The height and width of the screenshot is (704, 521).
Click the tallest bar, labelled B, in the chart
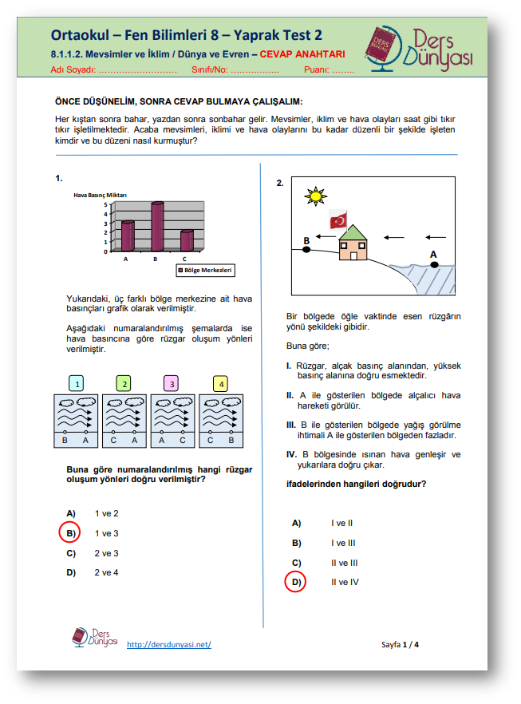(156, 228)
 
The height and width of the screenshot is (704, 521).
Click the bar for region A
(127, 237)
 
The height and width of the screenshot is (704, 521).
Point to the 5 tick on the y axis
(105, 204)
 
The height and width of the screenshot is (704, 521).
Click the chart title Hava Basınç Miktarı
(101, 195)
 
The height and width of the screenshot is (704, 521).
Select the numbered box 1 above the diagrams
(77, 384)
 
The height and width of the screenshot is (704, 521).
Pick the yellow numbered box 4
(219, 384)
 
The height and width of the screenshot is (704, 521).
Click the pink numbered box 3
(172, 384)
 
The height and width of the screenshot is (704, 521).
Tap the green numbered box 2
(124, 384)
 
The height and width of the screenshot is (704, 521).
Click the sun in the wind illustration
(317, 196)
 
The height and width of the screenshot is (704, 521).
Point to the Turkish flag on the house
(340, 221)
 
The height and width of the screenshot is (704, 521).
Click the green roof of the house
(353, 232)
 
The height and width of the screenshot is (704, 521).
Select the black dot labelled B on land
(306, 250)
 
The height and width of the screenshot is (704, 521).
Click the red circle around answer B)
(70, 532)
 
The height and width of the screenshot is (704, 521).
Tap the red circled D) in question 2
(295, 582)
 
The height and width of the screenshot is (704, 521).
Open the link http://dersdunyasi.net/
(169, 644)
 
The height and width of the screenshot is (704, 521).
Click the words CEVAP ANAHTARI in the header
(302, 55)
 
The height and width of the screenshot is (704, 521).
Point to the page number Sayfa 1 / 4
(400, 644)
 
